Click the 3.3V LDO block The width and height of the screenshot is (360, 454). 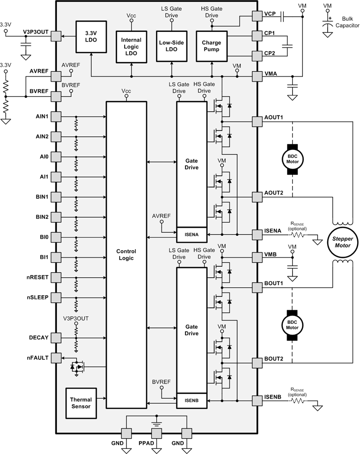[92, 36]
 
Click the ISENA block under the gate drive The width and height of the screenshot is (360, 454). [192, 234]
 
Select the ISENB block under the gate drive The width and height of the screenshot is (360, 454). [192, 400]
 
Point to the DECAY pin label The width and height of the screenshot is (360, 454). [38, 337]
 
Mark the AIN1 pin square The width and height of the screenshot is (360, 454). [56, 116]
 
